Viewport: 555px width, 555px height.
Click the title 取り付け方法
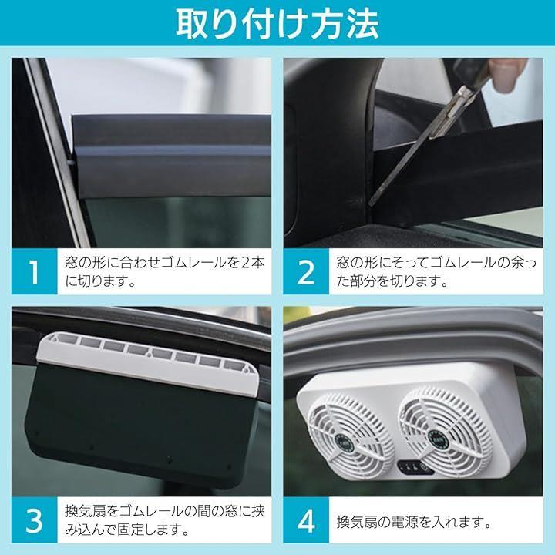277,23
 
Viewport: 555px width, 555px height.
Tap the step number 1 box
35,271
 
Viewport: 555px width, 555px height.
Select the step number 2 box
306,271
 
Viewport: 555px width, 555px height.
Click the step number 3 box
35,520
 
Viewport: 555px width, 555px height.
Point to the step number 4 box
306,520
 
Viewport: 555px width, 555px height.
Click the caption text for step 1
165,272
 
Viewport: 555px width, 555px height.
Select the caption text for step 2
436,272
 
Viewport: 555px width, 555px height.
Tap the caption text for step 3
165,520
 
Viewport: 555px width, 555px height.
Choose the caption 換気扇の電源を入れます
414,522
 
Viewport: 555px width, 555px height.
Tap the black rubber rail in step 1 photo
172,156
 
